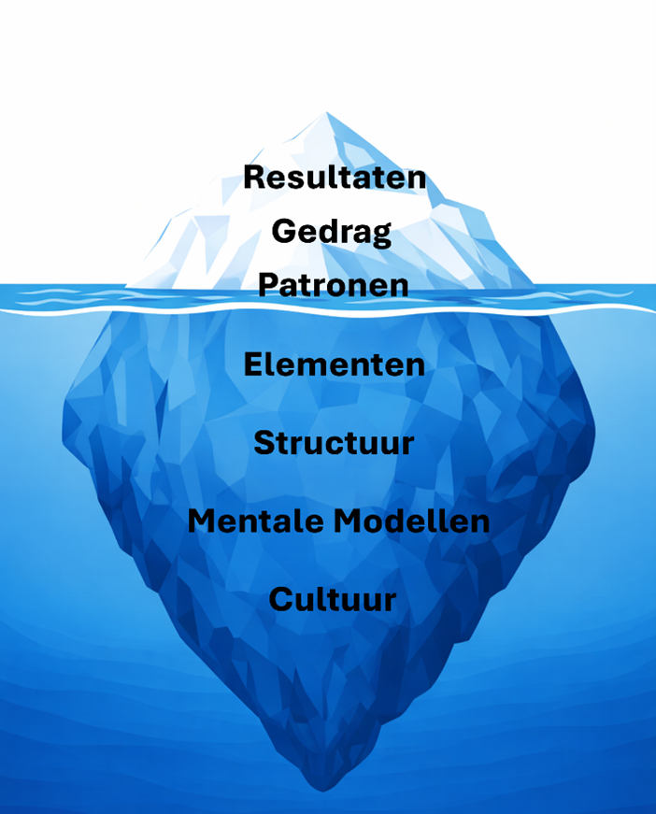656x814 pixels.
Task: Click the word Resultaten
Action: coord(335,177)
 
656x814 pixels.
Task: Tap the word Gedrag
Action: coord(332,233)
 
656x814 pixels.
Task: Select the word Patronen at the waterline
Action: coord(334,286)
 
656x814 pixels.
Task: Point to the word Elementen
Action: coord(335,364)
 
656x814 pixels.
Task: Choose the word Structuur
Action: coord(334,443)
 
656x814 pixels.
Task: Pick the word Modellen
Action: coord(411,521)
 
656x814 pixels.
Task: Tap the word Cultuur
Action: coord(333,599)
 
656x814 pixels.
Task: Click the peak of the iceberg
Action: coord(326,112)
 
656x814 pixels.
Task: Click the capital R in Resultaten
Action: coord(254,177)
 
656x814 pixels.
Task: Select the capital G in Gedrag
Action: coord(283,231)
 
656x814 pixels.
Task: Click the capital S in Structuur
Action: coord(264,443)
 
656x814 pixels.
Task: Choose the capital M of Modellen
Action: coord(349,521)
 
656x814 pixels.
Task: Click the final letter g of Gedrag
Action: coord(382,236)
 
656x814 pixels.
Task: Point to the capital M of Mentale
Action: coord(203,521)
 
